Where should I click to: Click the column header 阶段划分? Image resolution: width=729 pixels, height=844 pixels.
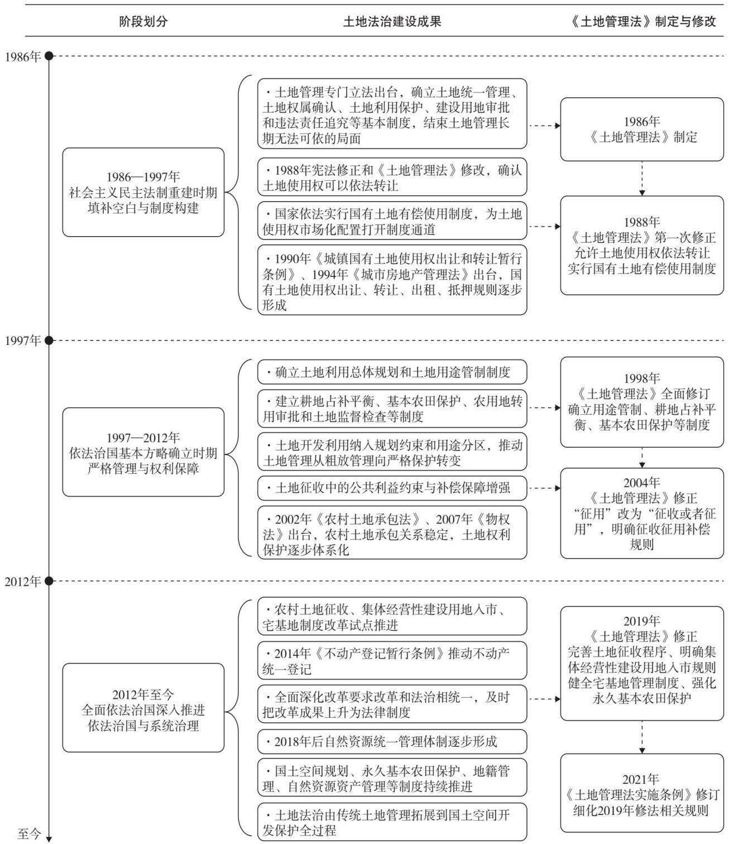click(143, 21)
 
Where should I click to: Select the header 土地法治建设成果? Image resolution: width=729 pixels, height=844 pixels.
click(392, 21)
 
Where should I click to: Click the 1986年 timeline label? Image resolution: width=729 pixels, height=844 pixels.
click(23, 57)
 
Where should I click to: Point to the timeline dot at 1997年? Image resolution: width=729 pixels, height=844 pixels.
click(49, 340)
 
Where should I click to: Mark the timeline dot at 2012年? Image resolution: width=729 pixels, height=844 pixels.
click(49, 581)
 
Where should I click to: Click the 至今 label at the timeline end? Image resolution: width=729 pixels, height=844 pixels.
click(30, 833)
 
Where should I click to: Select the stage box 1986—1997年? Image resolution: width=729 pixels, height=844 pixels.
click(143, 192)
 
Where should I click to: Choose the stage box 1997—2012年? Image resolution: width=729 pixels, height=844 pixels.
click(143, 452)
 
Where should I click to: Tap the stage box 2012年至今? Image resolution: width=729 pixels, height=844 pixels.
click(143, 708)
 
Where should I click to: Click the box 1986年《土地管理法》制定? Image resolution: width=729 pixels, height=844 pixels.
click(641, 129)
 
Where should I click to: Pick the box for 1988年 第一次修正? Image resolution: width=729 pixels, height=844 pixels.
click(641, 246)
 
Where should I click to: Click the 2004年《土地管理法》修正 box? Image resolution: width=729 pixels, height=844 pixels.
click(641, 513)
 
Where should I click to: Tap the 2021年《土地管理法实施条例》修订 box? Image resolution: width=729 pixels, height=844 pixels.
click(641, 793)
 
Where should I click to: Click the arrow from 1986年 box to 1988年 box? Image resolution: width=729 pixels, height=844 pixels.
click(641, 179)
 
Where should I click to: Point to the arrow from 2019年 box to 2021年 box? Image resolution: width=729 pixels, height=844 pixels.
click(641, 737)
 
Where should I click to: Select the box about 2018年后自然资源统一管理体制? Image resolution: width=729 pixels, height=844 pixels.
click(392, 741)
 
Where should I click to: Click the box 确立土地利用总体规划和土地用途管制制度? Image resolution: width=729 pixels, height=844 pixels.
click(392, 372)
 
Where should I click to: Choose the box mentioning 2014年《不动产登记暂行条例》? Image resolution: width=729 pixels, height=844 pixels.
click(392, 661)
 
